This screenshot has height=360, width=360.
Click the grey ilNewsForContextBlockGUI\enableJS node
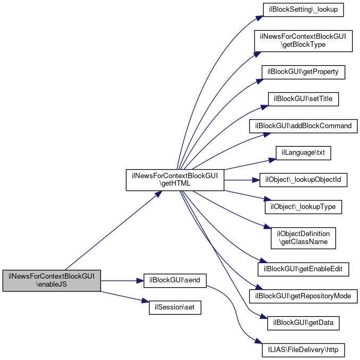51,280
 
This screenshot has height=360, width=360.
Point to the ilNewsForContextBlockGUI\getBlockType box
304,41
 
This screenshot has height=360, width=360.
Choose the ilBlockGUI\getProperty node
304,72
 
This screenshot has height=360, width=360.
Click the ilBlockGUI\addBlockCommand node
304,126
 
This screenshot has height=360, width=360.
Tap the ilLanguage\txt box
304,153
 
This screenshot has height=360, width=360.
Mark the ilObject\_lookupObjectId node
304,180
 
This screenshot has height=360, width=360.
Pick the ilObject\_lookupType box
304,207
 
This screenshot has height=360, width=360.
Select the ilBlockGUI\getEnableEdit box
304,269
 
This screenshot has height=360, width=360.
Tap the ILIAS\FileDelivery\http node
304,350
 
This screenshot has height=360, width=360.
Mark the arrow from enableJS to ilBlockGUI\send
122,280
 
